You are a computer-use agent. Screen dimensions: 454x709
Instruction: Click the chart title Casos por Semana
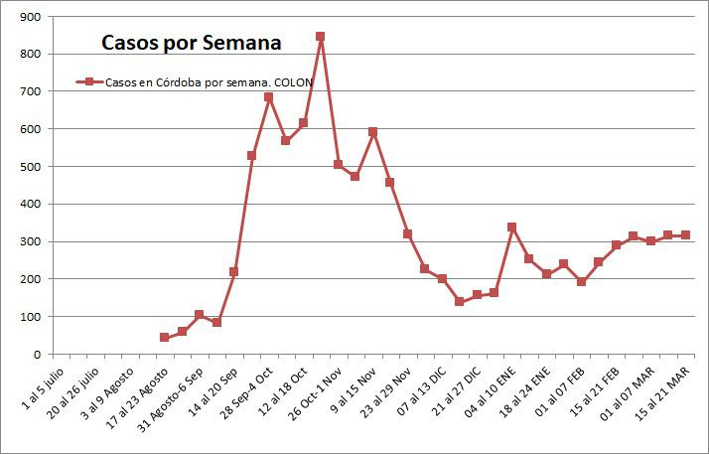(191, 43)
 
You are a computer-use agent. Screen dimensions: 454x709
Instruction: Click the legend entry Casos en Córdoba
(195, 82)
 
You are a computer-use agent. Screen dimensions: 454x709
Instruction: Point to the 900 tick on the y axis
(31, 17)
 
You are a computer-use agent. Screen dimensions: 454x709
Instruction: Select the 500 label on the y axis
(31, 167)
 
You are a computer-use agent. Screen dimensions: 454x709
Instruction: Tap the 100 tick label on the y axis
(31, 317)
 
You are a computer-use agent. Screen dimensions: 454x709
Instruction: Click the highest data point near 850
(320, 37)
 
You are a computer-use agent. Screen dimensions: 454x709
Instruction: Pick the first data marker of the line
(164, 338)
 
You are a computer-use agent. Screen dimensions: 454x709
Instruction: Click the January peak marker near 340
(511, 227)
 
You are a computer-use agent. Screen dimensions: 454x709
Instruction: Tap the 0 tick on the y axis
(37, 355)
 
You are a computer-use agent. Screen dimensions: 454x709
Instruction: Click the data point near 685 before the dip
(268, 97)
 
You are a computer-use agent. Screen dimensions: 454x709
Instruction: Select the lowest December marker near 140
(459, 301)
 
